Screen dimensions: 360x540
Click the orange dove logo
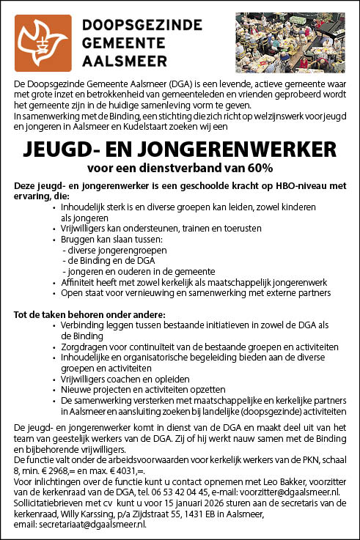[x=44, y=43]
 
